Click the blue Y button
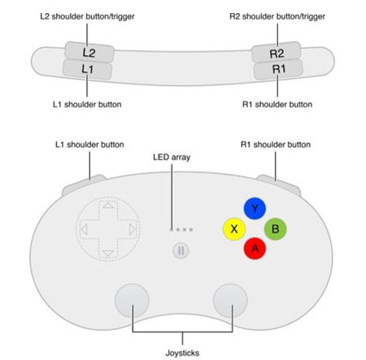tap(255, 208)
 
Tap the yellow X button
tap(234, 229)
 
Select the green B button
tap(275, 229)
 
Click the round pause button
tap(181, 250)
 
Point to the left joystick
tap(132, 301)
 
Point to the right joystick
tap(230, 301)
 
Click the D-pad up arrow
tap(108, 206)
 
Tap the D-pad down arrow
tap(108, 254)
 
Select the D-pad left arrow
tap(84, 229)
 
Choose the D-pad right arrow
tap(132, 229)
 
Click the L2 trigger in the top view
tap(89, 52)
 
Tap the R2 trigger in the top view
tap(277, 53)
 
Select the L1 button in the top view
tap(87, 69)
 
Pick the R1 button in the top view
tap(278, 69)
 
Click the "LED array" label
tap(172, 157)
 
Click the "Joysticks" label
tap(182, 353)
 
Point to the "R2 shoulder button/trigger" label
tap(277, 16)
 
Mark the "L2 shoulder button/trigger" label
tap(87, 16)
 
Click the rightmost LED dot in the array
tap(191, 230)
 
